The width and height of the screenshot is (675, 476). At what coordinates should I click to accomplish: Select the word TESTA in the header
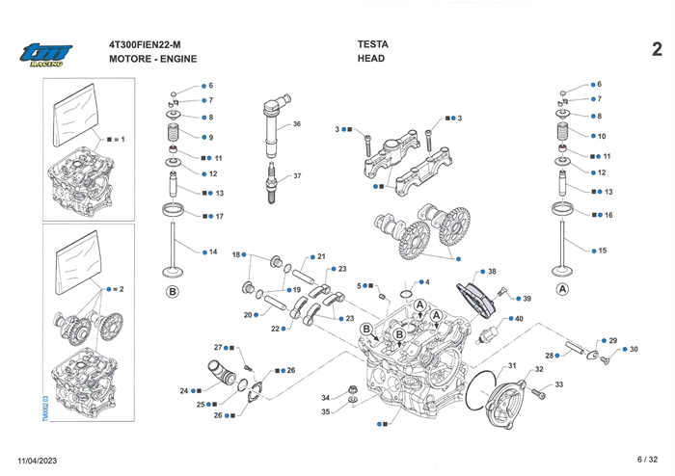pyautogui.click(x=373, y=43)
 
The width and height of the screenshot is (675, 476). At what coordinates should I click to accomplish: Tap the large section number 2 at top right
pyautogui.click(x=656, y=49)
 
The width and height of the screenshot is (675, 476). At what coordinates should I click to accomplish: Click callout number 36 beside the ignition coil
pyautogui.click(x=297, y=124)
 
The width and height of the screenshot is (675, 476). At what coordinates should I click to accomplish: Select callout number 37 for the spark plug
pyautogui.click(x=297, y=176)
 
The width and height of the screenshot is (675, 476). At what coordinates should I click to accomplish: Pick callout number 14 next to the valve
pyautogui.click(x=212, y=252)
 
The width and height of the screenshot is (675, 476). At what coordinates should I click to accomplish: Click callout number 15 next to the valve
pyautogui.click(x=603, y=251)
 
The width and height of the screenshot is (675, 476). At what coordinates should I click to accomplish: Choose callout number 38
pyautogui.click(x=492, y=273)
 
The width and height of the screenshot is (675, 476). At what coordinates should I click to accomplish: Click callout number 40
pyautogui.click(x=519, y=319)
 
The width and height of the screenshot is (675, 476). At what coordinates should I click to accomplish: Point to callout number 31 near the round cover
pyautogui.click(x=513, y=365)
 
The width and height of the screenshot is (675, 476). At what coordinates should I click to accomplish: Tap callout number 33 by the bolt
pyautogui.click(x=558, y=384)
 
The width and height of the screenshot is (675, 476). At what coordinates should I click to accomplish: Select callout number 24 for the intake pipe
pyautogui.click(x=183, y=391)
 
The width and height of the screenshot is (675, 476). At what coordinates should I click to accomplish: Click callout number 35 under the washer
pyautogui.click(x=326, y=412)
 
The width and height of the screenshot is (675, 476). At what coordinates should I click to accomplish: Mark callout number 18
pyautogui.click(x=235, y=254)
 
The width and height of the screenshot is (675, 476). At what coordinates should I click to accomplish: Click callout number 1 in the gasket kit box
pyautogui.click(x=123, y=140)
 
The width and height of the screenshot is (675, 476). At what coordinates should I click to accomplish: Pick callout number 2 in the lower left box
pyautogui.click(x=122, y=289)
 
